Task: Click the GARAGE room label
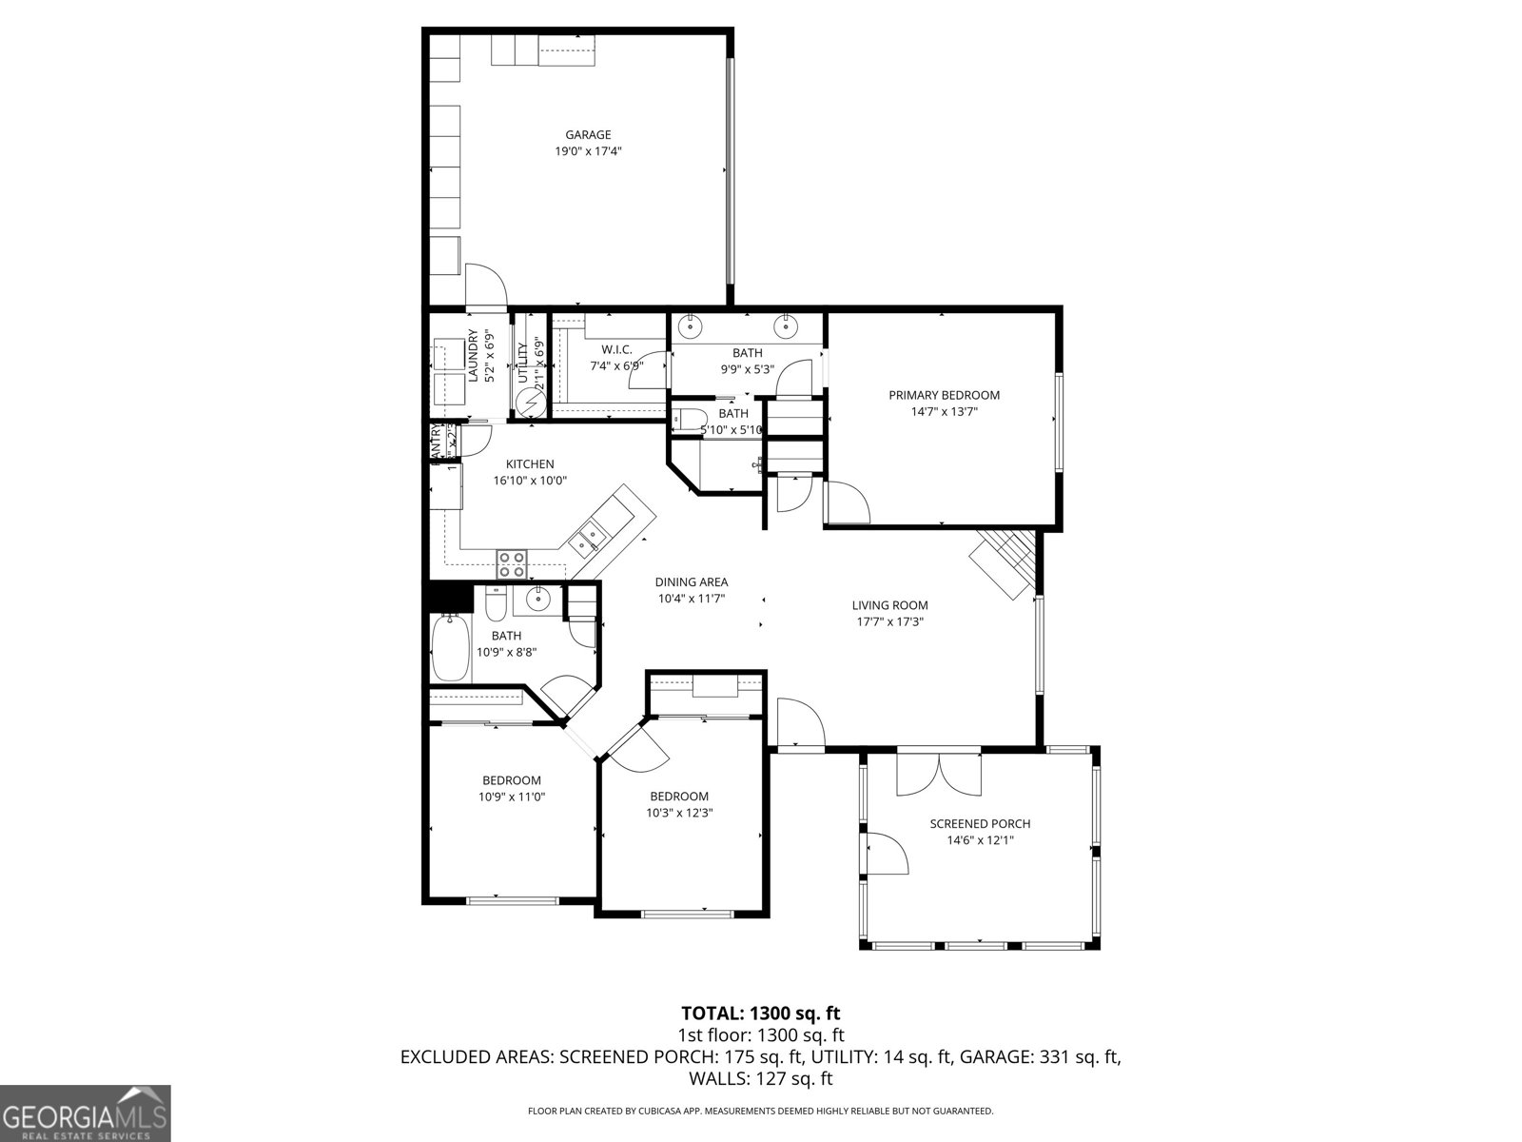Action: [x=588, y=135]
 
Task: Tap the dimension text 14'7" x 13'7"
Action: [x=944, y=412]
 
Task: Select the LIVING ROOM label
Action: [x=889, y=605]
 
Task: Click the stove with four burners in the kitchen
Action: [x=512, y=564]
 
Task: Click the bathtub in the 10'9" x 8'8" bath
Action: [x=450, y=649]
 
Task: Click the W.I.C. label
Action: [x=616, y=350]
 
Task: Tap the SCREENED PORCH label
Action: [x=980, y=824]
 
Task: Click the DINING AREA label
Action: [x=692, y=582]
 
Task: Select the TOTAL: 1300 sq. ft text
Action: [x=760, y=1014]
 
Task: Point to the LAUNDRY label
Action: [x=473, y=356]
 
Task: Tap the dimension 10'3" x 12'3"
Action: [x=679, y=813]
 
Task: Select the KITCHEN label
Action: [x=530, y=464]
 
